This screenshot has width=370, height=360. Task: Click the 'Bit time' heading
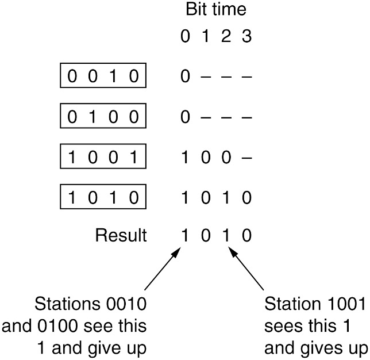click(215, 10)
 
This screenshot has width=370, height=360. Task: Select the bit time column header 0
click(184, 37)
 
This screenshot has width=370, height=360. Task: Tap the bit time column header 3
click(246, 37)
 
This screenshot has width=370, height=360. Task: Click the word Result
click(121, 236)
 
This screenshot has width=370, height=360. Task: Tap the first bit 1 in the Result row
click(184, 236)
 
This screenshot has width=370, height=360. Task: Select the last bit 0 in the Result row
click(246, 236)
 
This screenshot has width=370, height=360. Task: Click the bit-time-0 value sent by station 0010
click(184, 76)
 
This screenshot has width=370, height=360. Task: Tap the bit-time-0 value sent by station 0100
click(184, 117)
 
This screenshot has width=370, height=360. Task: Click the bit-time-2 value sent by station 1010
click(226, 198)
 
